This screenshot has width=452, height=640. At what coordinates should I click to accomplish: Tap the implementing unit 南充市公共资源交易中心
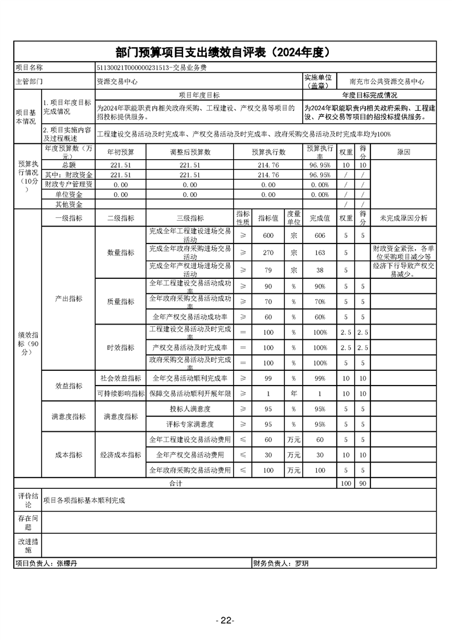tap(387, 82)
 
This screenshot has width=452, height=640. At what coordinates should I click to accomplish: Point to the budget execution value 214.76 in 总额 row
tap(268, 165)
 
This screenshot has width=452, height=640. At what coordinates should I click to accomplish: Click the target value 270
tap(268, 252)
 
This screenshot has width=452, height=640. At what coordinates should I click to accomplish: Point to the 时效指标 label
tap(121, 347)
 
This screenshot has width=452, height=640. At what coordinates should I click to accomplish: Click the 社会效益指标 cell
tap(121, 378)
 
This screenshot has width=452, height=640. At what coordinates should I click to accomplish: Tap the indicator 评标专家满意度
tap(190, 424)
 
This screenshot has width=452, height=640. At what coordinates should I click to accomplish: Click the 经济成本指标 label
tap(121, 455)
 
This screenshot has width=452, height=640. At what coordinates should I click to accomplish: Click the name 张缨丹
tap(67, 563)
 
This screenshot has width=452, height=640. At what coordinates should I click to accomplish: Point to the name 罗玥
tap(302, 563)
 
